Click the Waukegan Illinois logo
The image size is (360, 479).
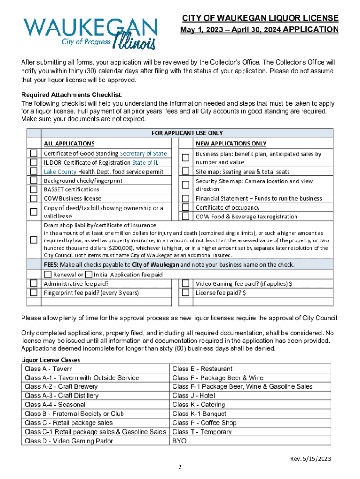[x=91, y=33]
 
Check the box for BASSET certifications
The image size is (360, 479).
[x=34, y=189]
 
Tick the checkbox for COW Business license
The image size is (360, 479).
[x=34, y=198]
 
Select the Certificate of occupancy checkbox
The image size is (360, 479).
[x=186, y=207]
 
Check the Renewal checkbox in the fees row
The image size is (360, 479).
[x=48, y=275]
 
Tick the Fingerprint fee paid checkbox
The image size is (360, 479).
[x=34, y=292]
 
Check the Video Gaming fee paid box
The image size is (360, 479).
[x=186, y=283]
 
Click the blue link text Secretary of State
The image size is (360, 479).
[x=143, y=153]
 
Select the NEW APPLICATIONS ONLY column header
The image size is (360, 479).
[x=231, y=144]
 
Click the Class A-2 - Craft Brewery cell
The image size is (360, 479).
[x=61, y=386]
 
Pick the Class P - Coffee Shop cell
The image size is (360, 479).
[x=204, y=422]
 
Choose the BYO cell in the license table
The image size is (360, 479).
[x=179, y=441]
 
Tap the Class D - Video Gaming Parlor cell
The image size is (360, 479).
[x=69, y=441]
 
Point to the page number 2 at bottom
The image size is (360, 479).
[x=180, y=467]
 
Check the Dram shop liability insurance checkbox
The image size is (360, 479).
[x=34, y=240]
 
